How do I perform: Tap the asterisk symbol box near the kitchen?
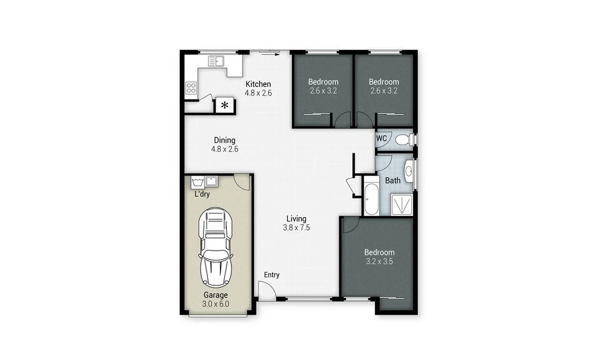[x=225, y=105]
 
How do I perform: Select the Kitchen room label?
[x=258, y=84]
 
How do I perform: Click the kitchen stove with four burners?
[x=191, y=88]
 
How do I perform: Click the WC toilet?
[x=404, y=139]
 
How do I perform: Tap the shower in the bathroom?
[x=402, y=205]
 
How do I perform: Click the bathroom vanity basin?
[x=408, y=171]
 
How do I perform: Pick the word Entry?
[x=272, y=275]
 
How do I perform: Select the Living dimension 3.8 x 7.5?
[x=296, y=227]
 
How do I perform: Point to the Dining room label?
[x=225, y=140]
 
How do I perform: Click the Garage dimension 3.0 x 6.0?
[x=215, y=304]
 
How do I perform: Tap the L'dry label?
[x=202, y=194]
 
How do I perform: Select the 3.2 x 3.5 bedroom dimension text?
[x=379, y=261]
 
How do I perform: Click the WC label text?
[x=382, y=139]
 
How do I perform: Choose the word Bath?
[x=393, y=181]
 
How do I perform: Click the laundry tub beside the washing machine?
[x=211, y=182]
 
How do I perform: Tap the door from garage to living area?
[x=242, y=182]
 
